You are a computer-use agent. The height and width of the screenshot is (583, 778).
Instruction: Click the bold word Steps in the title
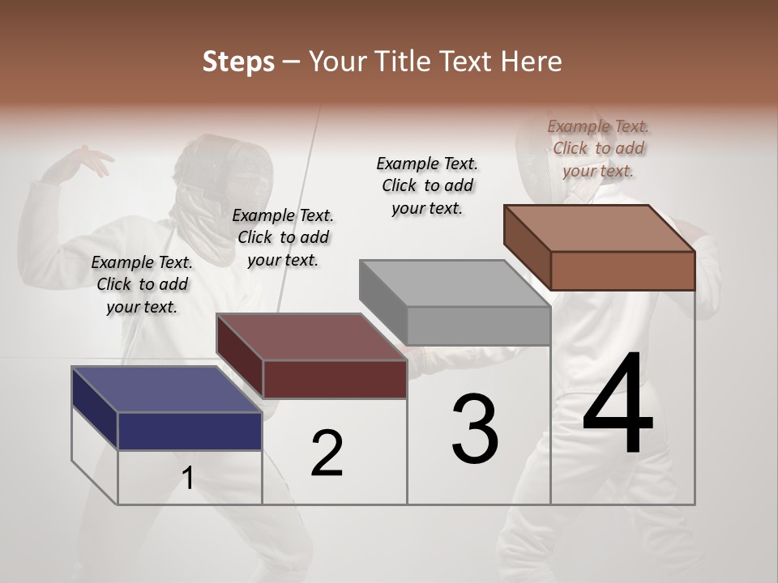(x=238, y=62)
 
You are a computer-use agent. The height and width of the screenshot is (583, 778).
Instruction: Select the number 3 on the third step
(x=475, y=429)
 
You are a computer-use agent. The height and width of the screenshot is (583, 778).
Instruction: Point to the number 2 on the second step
(x=327, y=453)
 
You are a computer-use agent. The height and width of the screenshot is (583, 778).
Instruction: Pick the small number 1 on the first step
(x=188, y=479)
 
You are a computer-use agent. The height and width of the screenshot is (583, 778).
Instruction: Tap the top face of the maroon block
(x=311, y=337)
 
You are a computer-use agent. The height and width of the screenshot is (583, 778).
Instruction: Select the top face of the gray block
(x=455, y=283)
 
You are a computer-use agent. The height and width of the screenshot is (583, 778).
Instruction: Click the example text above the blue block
(x=142, y=284)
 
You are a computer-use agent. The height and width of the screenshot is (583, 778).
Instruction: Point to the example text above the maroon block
(x=283, y=237)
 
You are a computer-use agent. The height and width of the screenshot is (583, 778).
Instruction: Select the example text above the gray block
(x=427, y=185)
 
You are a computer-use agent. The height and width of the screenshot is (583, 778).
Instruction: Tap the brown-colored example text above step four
(x=598, y=148)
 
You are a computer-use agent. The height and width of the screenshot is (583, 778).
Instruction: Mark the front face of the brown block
(x=622, y=270)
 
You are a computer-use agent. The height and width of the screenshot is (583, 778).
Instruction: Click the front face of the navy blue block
(x=190, y=431)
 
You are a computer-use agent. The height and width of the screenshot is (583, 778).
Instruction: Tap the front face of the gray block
(x=478, y=326)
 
